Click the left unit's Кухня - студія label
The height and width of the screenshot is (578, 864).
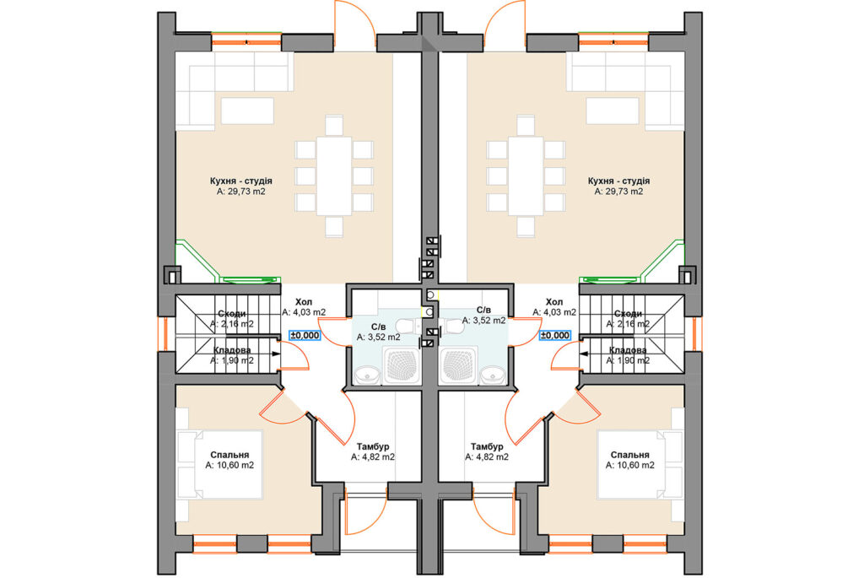(x=240, y=181)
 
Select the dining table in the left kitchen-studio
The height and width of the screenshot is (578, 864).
(x=334, y=176)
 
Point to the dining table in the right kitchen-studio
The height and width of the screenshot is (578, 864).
(x=526, y=176)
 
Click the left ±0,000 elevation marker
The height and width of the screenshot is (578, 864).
(x=305, y=335)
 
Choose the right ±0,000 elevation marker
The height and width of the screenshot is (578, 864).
(x=555, y=335)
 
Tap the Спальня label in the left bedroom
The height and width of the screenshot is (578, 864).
(x=229, y=455)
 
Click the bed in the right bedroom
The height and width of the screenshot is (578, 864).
(x=640, y=464)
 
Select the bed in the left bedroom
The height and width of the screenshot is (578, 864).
(x=219, y=464)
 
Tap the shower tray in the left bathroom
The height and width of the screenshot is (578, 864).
(x=401, y=365)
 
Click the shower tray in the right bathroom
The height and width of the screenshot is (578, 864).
(x=458, y=365)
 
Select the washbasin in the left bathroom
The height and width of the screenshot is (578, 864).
(x=366, y=375)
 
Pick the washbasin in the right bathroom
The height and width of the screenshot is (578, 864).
(x=492, y=375)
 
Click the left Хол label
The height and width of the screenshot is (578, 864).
(x=304, y=302)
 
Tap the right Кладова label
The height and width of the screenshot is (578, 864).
(x=628, y=350)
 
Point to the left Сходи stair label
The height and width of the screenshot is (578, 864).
(x=232, y=314)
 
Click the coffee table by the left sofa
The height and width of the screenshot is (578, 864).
(x=247, y=111)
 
